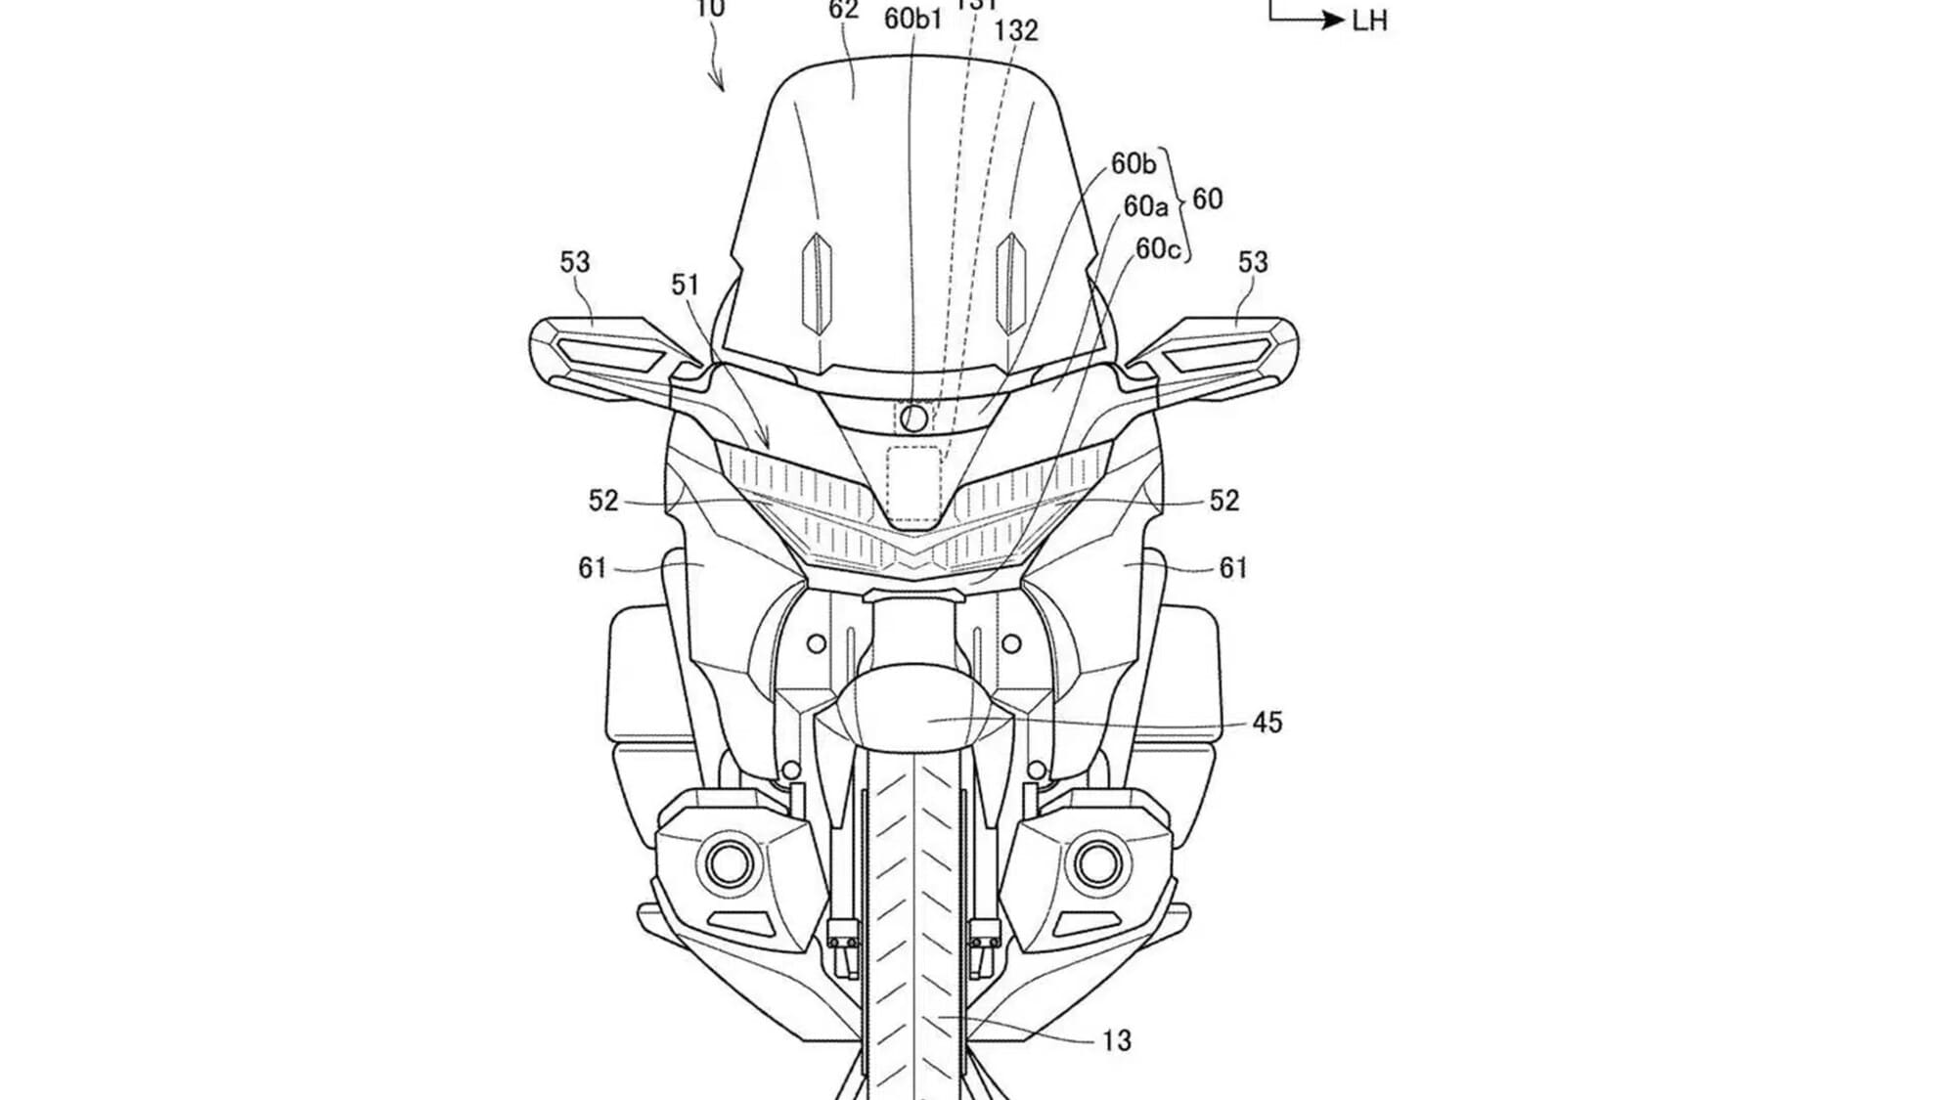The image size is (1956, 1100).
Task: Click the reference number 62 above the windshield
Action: (x=843, y=11)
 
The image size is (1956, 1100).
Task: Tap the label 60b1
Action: (x=912, y=19)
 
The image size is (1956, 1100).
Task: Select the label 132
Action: (x=1015, y=31)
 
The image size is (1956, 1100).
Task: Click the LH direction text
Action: (x=1369, y=22)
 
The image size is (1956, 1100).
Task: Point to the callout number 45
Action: (x=1267, y=723)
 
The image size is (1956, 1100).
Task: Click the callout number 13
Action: (x=1116, y=1040)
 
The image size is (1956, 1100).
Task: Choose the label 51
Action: (x=685, y=285)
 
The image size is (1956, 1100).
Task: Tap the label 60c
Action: (x=1158, y=249)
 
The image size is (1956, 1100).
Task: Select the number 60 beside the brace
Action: (x=1208, y=199)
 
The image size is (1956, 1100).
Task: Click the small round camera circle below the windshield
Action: (x=913, y=418)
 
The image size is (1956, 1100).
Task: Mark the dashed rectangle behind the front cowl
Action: (x=913, y=484)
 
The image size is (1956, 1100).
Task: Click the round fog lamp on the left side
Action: (x=729, y=862)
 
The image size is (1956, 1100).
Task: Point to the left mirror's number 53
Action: (x=575, y=262)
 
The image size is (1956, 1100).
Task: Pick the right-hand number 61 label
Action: (x=1233, y=567)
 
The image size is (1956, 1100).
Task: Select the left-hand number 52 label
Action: (x=603, y=501)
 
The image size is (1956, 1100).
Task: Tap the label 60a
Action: (x=1145, y=206)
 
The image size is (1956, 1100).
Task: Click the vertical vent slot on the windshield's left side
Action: (x=816, y=284)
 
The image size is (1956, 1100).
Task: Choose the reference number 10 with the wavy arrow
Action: (x=711, y=10)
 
